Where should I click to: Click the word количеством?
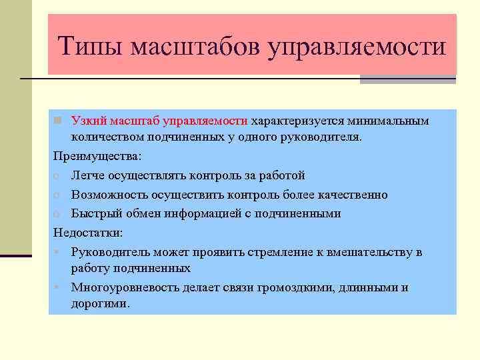pos(104,137)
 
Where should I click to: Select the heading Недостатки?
pos(89,233)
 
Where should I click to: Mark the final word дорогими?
pos(101,303)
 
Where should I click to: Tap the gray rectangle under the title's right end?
pos(407,79)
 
